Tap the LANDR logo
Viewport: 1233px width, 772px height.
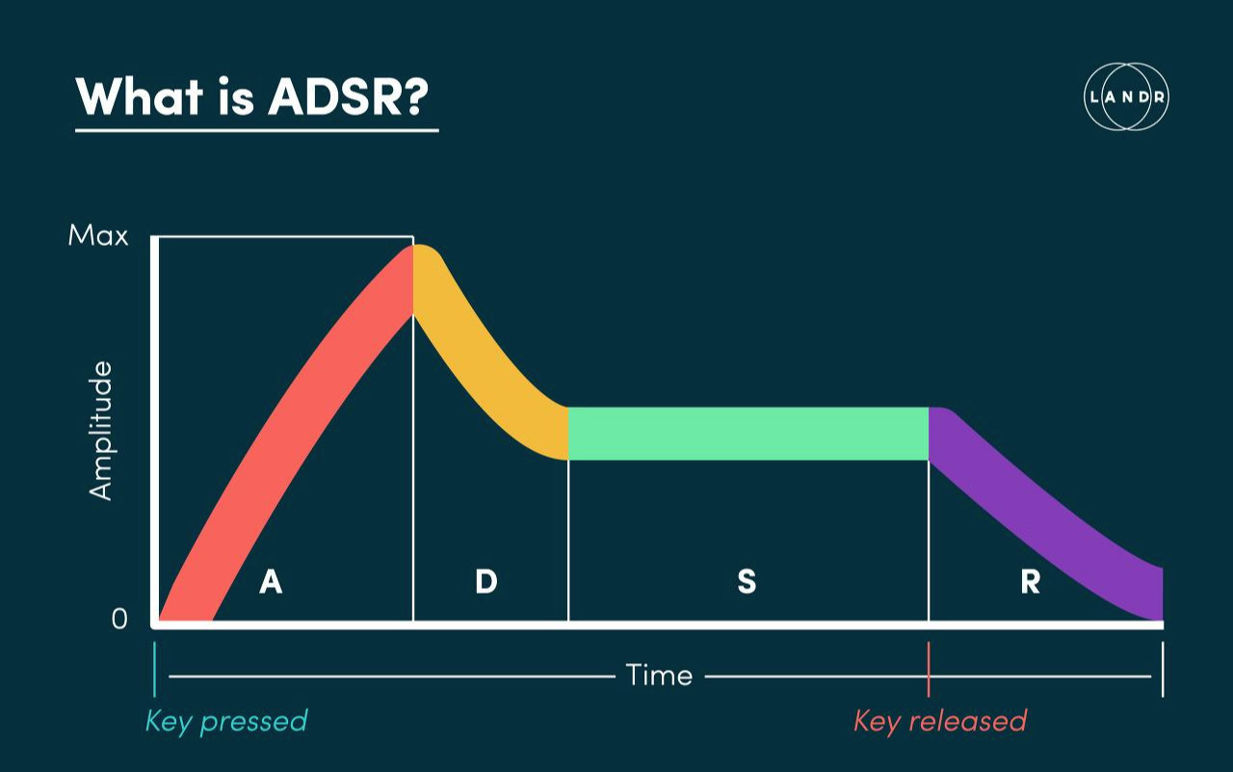1126,96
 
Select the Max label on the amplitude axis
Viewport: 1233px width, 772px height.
98,235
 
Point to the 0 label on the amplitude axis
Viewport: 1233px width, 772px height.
119,619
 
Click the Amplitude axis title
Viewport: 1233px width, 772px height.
101,431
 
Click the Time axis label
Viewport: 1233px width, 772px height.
659,675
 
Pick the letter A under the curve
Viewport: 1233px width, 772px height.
271,582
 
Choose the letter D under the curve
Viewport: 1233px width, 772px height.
486,582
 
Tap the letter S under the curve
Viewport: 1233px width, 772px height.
747,582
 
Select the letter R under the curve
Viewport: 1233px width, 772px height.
1030,582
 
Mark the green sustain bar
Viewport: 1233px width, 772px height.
748,433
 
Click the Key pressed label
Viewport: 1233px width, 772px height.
226,721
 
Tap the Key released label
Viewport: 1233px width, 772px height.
940,721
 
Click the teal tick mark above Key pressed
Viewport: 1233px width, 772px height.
155,670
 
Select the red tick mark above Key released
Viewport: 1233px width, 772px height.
929,670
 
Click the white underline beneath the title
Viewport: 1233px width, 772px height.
256,129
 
